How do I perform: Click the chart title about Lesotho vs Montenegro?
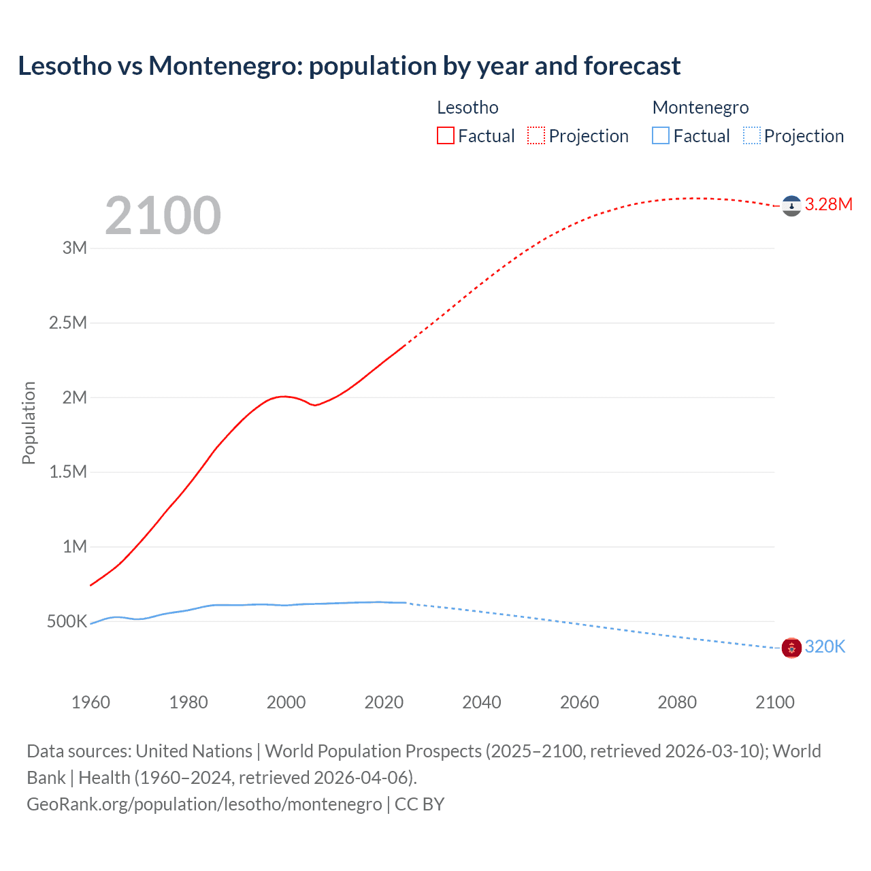(349, 66)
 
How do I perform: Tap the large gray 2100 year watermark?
(163, 216)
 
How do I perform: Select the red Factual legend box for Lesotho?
(445, 135)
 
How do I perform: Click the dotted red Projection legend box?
(536, 135)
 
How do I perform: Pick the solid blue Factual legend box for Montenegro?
(660, 135)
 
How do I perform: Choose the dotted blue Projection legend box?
(751, 135)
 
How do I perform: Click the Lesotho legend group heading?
(467, 108)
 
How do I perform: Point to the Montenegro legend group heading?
(700, 108)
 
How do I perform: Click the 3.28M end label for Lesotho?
(828, 204)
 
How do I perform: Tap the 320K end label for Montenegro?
(825, 646)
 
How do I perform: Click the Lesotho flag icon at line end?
(791, 206)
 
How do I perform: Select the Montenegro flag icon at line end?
(791, 648)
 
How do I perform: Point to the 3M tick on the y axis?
(75, 248)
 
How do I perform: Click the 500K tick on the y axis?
(67, 621)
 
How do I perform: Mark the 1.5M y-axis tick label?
(68, 472)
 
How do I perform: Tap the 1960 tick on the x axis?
(91, 702)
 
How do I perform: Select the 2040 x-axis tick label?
(482, 702)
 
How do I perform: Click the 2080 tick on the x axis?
(677, 702)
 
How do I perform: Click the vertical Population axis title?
(29, 423)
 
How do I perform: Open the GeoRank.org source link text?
(204, 804)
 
